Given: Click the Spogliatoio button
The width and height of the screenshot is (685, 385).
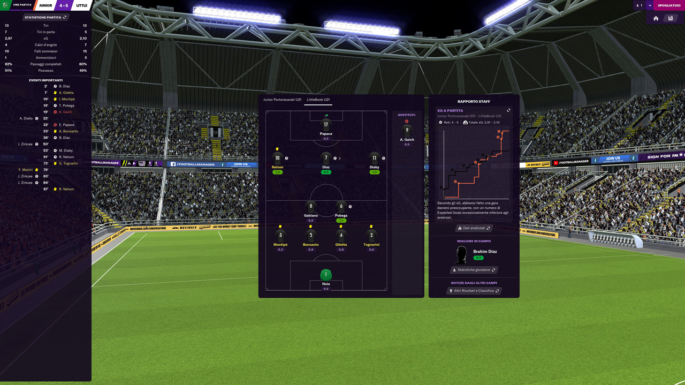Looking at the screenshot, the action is pyautogui.click(x=669, y=5).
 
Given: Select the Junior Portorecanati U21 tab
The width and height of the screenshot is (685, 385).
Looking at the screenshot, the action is pyautogui.click(x=281, y=100).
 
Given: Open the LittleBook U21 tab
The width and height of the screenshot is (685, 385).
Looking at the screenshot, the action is pyautogui.click(x=318, y=100).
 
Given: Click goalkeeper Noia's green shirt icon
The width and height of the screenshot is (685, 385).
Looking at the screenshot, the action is pyautogui.click(x=326, y=275).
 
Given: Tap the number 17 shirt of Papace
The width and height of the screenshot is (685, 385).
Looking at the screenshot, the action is pyautogui.click(x=326, y=125).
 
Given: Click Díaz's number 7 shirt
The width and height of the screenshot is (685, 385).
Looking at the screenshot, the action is pyautogui.click(x=326, y=158).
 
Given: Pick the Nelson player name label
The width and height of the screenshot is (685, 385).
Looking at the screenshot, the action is pyautogui.click(x=277, y=167).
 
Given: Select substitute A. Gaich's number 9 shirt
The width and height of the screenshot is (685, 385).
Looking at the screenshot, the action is pyautogui.click(x=407, y=130).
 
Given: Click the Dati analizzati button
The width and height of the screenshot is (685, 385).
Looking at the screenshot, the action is pyautogui.click(x=474, y=228).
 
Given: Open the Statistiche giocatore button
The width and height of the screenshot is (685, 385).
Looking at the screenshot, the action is pyautogui.click(x=474, y=270).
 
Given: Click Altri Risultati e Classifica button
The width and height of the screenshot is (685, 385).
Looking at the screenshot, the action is pyautogui.click(x=474, y=291).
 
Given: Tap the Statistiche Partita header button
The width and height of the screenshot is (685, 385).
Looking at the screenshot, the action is pyautogui.click(x=45, y=17).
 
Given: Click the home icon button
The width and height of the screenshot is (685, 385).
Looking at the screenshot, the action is pyautogui.click(x=656, y=18).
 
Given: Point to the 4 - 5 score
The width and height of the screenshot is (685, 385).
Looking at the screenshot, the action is pyautogui.click(x=64, y=5).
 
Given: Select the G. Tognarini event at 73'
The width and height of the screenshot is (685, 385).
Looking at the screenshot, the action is pyautogui.click(x=68, y=163).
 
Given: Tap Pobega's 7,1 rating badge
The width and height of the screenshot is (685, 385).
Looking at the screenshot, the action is pyautogui.click(x=341, y=220).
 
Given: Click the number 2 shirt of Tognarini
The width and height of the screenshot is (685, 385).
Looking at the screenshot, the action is pyautogui.click(x=371, y=235).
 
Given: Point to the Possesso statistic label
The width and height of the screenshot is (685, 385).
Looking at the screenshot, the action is pyautogui.click(x=45, y=71).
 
